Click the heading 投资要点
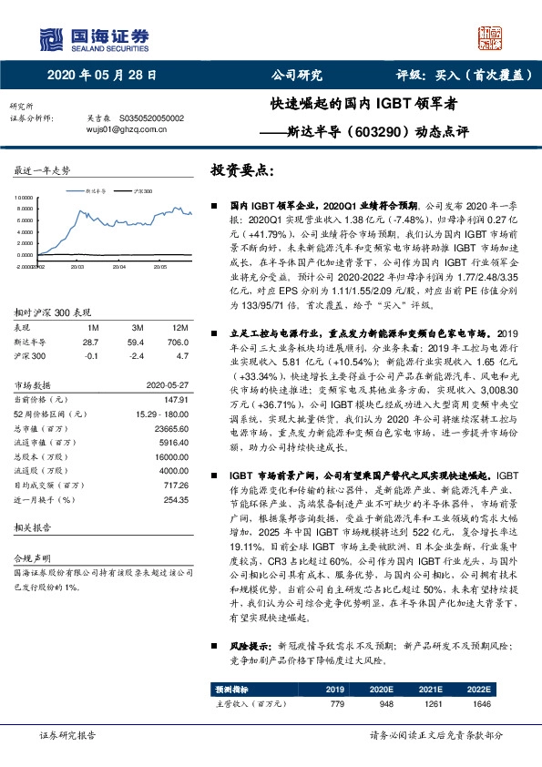point(241,170)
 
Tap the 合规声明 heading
point(35,557)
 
